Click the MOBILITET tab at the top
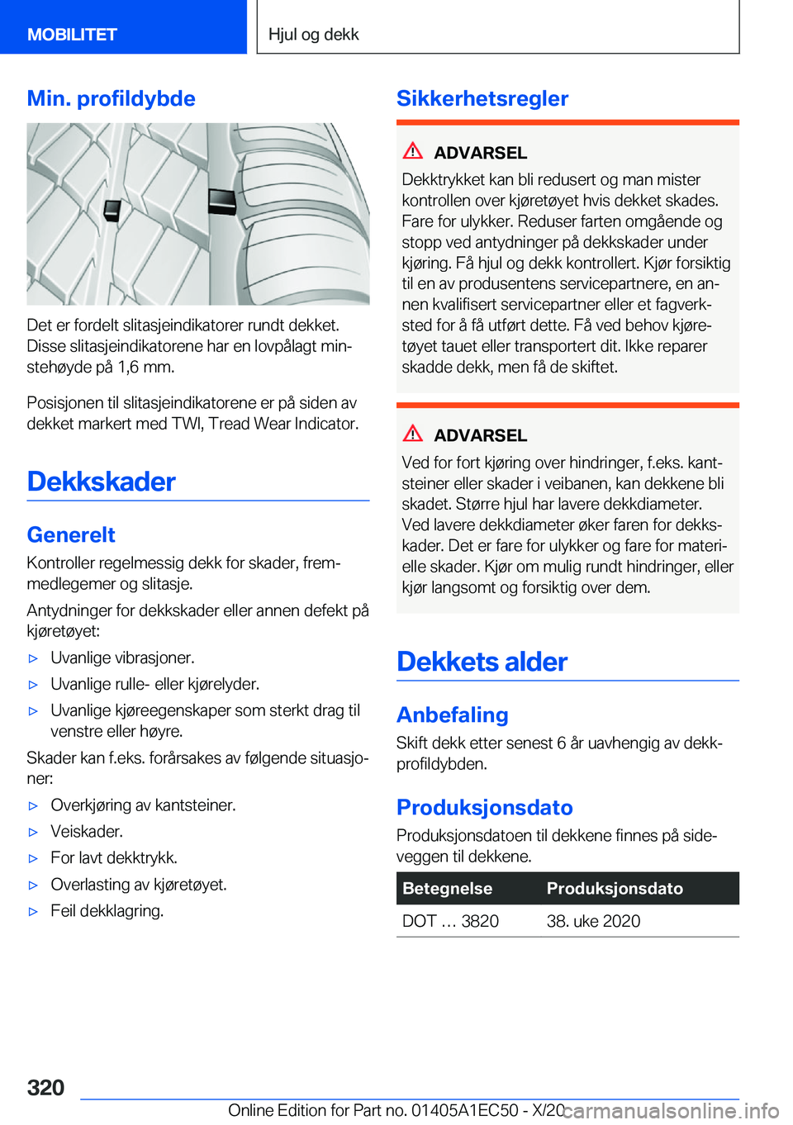pos(72,34)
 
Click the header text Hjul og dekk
pos(313,34)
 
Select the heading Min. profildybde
pos(111,98)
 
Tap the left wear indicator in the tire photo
pos(113,211)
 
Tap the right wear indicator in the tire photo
pos(221,201)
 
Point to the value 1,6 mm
pos(145,367)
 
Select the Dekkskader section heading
pos(101,481)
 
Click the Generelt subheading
pos(71,534)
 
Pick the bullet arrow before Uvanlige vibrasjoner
pos(34,658)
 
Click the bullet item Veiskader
pos(87,831)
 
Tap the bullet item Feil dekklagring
pos(107,910)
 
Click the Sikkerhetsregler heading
pos(482,98)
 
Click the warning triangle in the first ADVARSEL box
pos(413,150)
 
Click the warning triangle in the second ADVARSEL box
pos(413,433)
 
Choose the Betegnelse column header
pos(447,888)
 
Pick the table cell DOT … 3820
pos(450,921)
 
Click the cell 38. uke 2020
pos(593,921)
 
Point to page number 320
pos(45,1087)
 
